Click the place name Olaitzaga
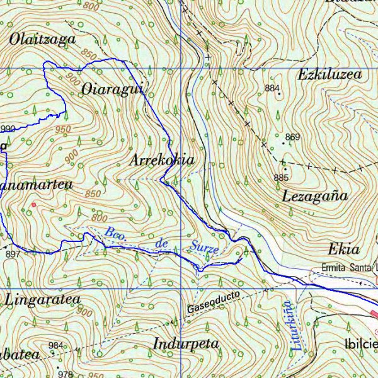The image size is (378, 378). (42, 39)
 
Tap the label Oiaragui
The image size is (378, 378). (113, 90)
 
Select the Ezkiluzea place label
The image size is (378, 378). (330, 74)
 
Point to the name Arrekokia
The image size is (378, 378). (162, 160)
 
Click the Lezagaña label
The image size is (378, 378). (315, 195)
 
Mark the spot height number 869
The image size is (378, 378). (292, 137)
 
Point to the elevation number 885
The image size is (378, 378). (281, 178)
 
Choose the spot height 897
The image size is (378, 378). (13, 254)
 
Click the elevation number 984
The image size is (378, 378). (56, 345)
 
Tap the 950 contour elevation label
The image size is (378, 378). (63, 129)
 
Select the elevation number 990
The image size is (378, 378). (8, 129)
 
